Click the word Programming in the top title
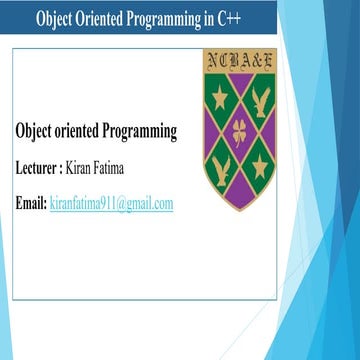point(171,19)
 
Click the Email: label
point(31,203)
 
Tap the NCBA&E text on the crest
point(239,62)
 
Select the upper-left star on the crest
point(221,97)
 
